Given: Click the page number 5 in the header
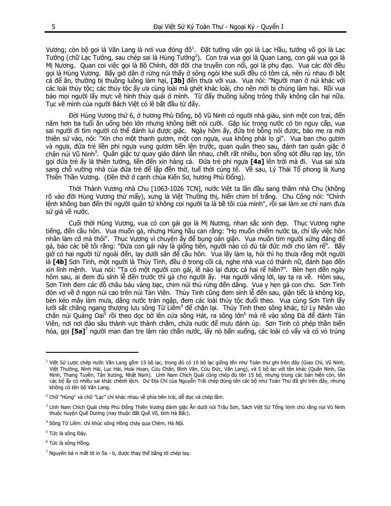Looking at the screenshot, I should click(54, 27).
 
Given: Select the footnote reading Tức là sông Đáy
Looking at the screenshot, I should click(68, 433).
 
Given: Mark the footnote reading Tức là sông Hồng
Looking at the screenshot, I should click(69, 443).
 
